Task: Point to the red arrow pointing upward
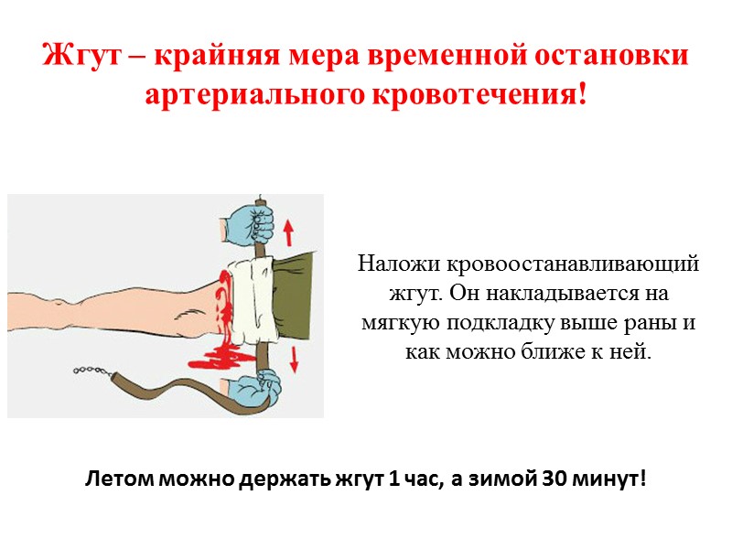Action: (289, 225)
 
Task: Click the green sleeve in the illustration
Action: (297, 293)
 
